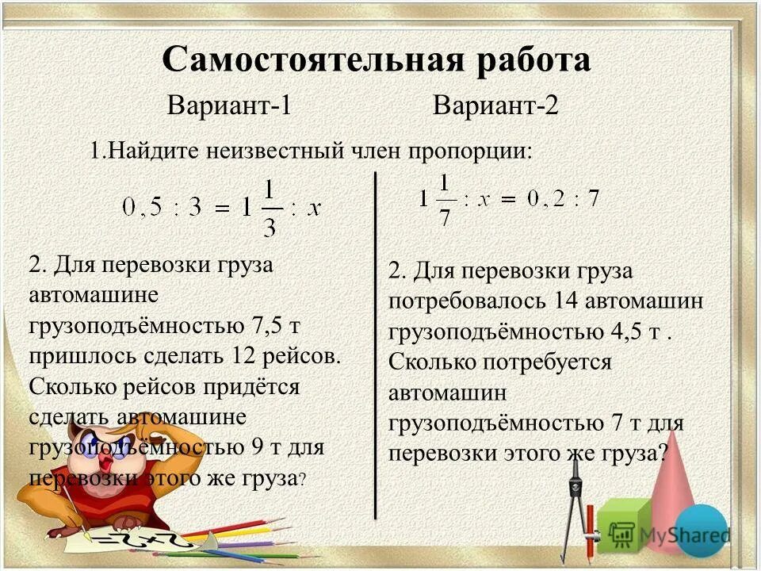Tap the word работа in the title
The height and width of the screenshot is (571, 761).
click(524, 60)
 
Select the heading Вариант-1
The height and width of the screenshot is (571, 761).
click(229, 105)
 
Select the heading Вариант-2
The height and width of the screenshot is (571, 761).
click(496, 105)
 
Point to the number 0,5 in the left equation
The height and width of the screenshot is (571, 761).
click(143, 209)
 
